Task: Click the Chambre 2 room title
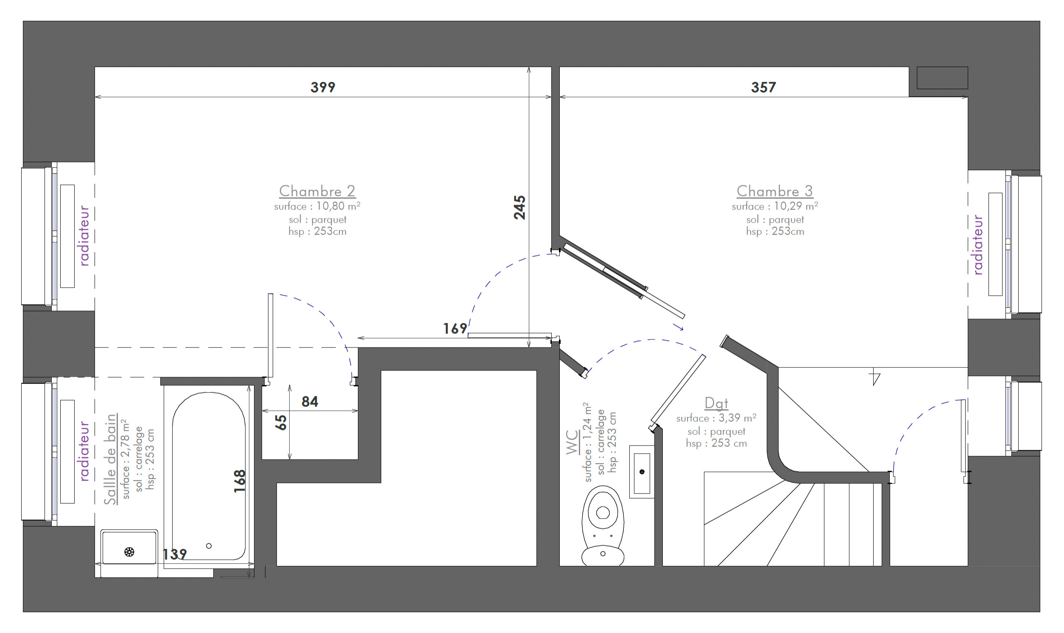pos(317,190)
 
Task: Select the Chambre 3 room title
pos(774,190)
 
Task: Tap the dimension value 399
pos(323,87)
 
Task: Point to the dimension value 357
pos(763,87)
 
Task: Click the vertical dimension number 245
pos(519,207)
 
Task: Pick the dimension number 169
pos(455,328)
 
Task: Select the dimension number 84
pos(310,401)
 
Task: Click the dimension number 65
pos(280,422)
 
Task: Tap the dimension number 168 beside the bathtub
pos(240,481)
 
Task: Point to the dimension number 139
pos(175,554)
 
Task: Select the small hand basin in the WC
pos(642,472)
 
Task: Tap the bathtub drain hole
pos(209,546)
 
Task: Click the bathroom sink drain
pos(129,552)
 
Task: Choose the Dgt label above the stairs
pos(716,403)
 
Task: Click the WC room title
pos(572,442)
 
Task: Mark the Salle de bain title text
pos(111,459)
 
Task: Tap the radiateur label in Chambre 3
pos(978,245)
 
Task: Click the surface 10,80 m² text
pos(317,206)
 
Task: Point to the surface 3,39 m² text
pos(716,418)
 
